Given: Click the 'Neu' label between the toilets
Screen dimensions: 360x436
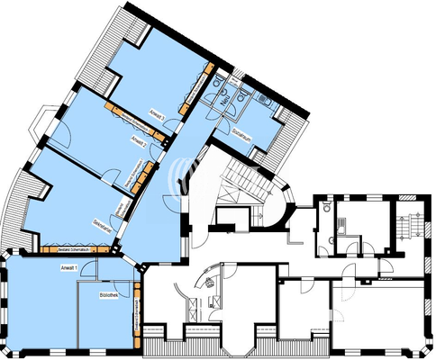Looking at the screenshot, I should click(225, 101).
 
